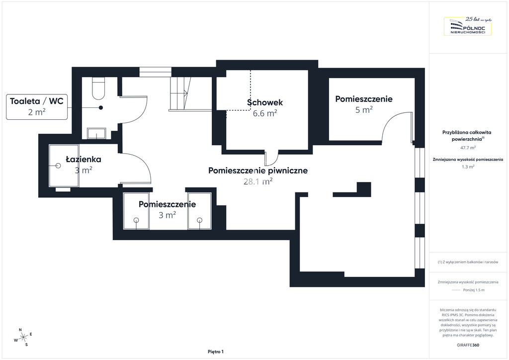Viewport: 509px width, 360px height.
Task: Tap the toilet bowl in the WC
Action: (x=98, y=89)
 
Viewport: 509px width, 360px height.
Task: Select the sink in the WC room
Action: (x=96, y=133)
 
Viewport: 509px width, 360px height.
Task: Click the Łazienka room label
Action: (x=84, y=160)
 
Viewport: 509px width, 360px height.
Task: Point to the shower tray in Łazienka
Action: (x=64, y=166)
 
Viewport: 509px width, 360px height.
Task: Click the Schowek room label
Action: (x=265, y=102)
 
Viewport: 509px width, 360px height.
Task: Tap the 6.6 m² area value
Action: (x=265, y=113)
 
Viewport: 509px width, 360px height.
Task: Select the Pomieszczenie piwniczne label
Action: (x=258, y=171)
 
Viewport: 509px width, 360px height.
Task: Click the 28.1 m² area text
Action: (x=258, y=181)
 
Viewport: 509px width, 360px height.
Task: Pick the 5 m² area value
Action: (x=364, y=110)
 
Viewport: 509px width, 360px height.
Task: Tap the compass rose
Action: (x=23, y=338)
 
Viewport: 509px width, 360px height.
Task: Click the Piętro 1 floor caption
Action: (x=216, y=352)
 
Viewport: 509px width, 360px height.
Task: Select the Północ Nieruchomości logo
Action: (x=468, y=26)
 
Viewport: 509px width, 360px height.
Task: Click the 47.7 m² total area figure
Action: (x=468, y=148)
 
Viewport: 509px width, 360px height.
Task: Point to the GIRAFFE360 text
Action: (x=468, y=345)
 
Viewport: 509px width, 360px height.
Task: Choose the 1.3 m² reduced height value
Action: (x=468, y=167)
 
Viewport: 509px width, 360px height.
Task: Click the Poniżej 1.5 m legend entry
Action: (x=474, y=290)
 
